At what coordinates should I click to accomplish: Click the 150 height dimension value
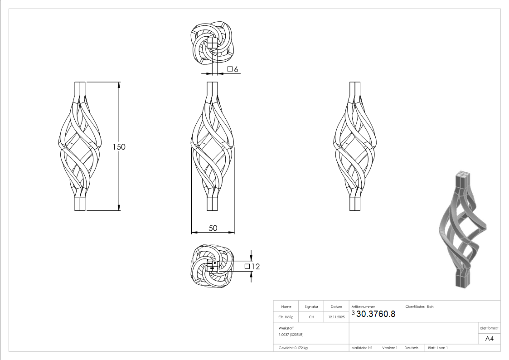[119, 147]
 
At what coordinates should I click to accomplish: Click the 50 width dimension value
[213, 228]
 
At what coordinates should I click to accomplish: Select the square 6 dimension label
[233, 69]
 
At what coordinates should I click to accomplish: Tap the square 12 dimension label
[252, 267]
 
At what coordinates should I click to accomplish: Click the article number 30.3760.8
[376, 314]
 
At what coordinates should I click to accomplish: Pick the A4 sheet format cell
[489, 338]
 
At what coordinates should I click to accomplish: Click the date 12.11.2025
[336, 317]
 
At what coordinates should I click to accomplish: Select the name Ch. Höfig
[286, 317]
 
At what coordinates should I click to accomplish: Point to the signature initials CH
[311, 317]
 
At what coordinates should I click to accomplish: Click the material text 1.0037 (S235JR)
[291, 334]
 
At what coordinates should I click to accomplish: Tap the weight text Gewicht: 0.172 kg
[293, 348]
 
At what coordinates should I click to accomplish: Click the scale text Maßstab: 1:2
[362, 348]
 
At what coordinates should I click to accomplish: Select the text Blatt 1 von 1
[438, 348]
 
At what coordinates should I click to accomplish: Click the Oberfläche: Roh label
[419, 306]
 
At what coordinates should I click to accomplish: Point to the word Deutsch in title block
[411, 348]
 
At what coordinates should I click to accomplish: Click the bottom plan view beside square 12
[212, 267]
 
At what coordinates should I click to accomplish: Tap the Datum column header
[336, 306]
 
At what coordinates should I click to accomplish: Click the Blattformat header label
[489, 328]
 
